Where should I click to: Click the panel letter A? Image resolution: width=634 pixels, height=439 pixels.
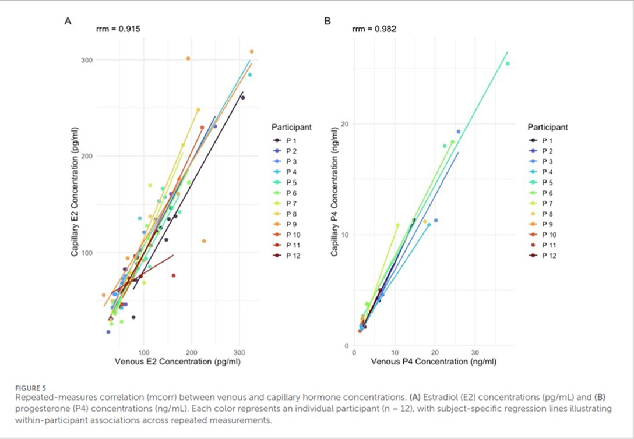pyautogui.click(x=68, y=22)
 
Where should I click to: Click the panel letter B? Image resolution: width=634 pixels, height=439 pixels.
pyautogui.click(x=327, y=22)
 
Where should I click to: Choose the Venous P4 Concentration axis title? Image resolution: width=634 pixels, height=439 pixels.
pyautogui.click(x=434, y=362)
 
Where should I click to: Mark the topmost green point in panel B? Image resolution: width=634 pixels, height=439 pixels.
pyautogui.click(x=508, y=63)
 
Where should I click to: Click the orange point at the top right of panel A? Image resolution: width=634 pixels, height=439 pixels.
pyautogui.click(x=252, y=52)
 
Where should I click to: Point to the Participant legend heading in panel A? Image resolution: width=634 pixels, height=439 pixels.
pyautogui.click(x=291, y=126)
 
